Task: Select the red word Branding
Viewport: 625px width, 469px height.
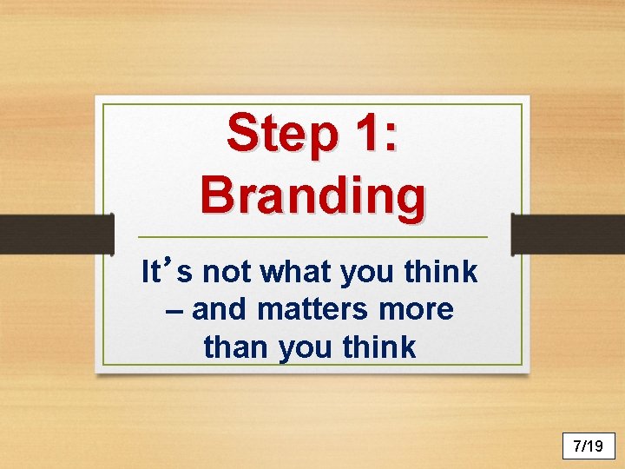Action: [312, 195]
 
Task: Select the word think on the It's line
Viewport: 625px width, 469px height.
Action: [441, 273]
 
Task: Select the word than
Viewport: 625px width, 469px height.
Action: [237, 347]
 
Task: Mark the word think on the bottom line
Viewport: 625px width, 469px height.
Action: [379, 347]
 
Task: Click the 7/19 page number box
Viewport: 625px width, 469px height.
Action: [588, 446]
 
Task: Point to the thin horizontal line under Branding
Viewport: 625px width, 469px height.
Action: [312, 237]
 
